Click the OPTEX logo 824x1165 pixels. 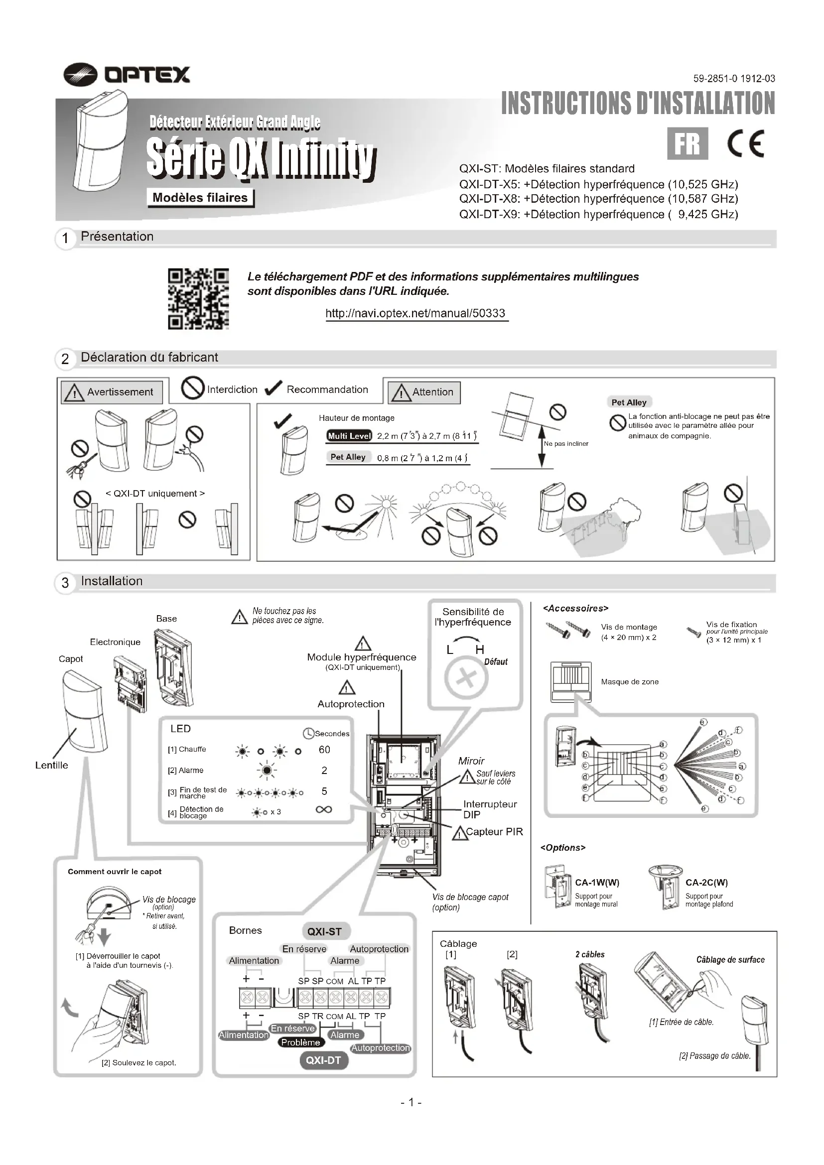click(127, 75)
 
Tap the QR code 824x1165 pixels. click(198, 299)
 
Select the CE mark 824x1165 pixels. click(745, 144)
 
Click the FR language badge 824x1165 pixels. click(687, 143)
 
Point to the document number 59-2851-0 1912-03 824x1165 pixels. click(734, 79)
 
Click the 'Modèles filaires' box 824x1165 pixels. click(200, 198)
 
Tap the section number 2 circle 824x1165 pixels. click(65, 359)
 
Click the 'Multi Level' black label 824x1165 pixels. click(349, 436)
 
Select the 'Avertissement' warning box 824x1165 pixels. click(112, 392)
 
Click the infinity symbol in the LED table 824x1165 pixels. click(324, 809)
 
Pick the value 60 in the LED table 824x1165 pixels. click(324, 750)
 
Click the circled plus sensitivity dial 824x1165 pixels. click(466, 678)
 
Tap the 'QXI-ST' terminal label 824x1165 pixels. click(324, 931)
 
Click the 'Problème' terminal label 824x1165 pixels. click(300, 1042)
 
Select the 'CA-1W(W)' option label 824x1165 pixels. click(597, 883)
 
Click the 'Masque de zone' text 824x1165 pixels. click(630, 682)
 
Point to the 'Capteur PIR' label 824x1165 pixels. click(494, 832)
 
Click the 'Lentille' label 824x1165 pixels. click(51, 765)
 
